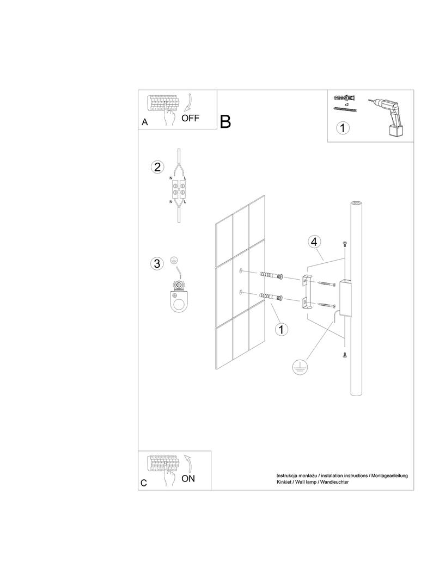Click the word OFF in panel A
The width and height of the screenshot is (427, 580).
point(191,118)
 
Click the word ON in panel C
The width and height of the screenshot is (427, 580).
point(188,479)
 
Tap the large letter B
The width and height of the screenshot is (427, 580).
point(225,122)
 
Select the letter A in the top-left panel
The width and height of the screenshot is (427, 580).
point(144,122)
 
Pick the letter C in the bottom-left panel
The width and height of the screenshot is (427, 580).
point(144,483)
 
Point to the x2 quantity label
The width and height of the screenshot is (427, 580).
point(346,104)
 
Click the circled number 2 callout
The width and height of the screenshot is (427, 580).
point(157,167)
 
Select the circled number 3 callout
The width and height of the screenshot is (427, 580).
point(157,264)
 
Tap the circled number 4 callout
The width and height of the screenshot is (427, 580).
point(313,242)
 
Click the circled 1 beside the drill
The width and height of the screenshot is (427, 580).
point(343,128)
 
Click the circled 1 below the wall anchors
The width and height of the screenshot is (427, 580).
point(281,329)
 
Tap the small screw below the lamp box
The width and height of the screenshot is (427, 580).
point(344,355)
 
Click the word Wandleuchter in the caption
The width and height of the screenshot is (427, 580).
point(334,483)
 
